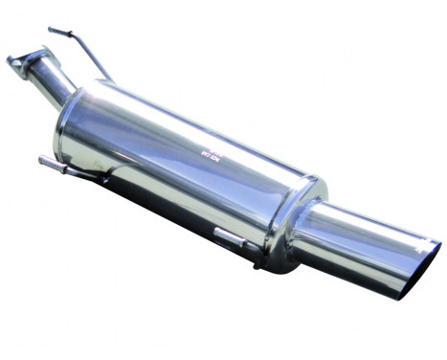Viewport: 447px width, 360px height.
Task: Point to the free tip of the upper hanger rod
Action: coord(50,30)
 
